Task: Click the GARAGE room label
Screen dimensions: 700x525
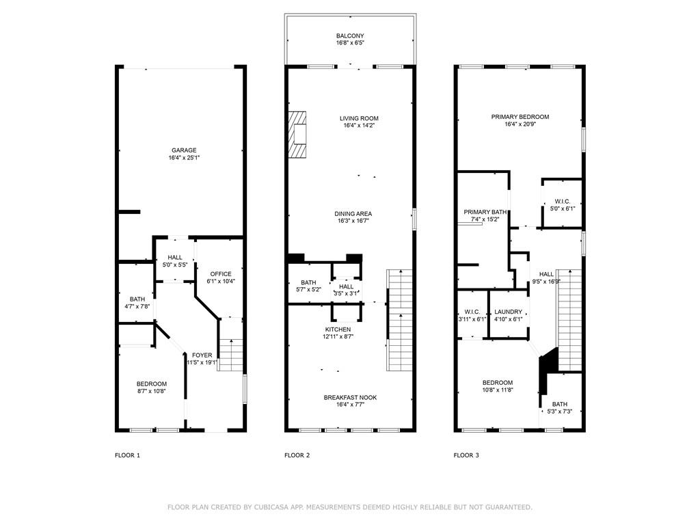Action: tap(184, 150)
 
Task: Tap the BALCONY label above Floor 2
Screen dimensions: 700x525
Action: tap(350, 36)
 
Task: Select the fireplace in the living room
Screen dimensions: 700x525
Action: tap(297, 135)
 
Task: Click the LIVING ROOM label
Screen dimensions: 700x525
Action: tap(359, 118)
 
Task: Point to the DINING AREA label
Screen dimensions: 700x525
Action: tap(353, 214)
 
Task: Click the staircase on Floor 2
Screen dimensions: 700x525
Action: tap(400, 320)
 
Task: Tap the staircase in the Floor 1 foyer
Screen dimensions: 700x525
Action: tap(231, 355)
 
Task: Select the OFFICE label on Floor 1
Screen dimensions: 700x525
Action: tap(221, 274)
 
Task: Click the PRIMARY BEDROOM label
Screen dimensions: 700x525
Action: tap(520, 117)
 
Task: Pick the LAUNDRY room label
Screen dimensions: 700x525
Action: tap(509, 312)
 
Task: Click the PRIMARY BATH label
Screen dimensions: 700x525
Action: tap(485, 212)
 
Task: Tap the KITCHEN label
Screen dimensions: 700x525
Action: tap(338, 329)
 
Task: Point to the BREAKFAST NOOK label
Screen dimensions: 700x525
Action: tap(351, 397)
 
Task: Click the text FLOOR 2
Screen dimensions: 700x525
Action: tap(297, 455)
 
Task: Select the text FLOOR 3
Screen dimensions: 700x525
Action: tap(466, 455)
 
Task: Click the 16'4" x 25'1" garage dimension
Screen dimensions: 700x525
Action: tap(184, 158)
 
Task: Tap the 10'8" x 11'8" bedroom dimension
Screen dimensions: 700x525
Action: tap(498, 390)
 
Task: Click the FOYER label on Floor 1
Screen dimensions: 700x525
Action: tap(202, 355)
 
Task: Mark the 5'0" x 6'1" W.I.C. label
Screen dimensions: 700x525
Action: tap(563, 208)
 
